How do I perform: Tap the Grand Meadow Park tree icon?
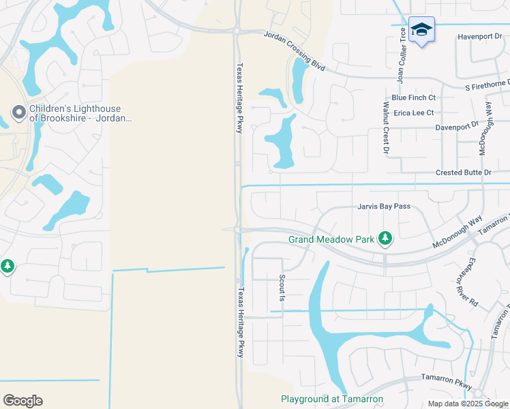(386, 238)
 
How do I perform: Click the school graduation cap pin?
(422, 30)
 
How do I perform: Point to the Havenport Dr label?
(479, 37)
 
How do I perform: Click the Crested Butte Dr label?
(464, 173)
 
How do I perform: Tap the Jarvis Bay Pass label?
(382, 206)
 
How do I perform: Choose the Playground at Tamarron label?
(332, 399)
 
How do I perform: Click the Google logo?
(22, 401)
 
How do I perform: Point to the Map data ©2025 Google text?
(468, 404)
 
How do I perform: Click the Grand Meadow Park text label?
(332, 239)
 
